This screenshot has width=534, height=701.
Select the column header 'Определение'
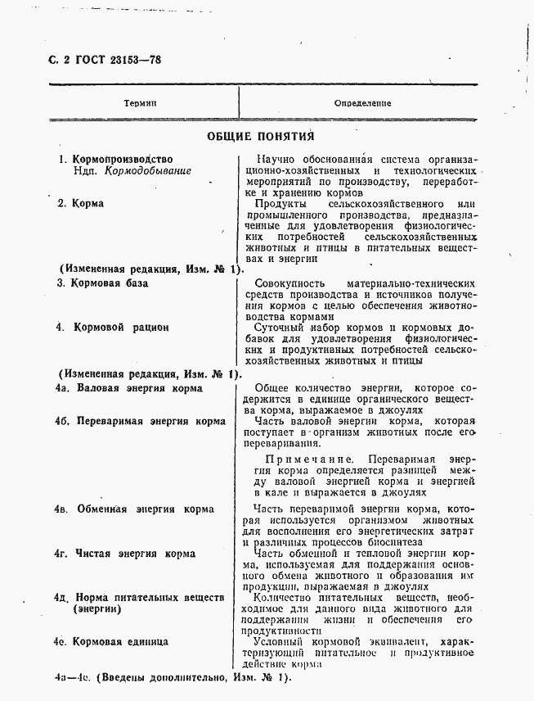tap(362, 103)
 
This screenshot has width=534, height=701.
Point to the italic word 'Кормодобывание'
tap(148, 172)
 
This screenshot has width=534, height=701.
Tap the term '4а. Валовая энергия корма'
tap(128, 388)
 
